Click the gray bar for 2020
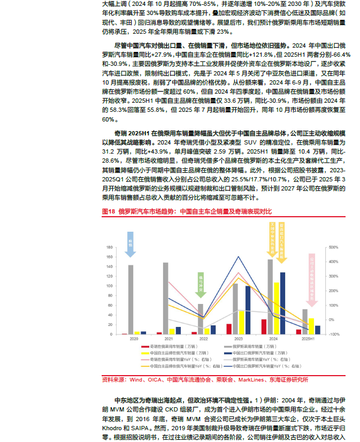(131, 299)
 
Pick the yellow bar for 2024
(276, 308)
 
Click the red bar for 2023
(229, 329)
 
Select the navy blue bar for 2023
(248, 310)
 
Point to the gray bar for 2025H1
(305, 321)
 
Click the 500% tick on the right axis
(332, 247)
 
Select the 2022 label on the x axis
(203, 339)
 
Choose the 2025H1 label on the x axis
(308, 339)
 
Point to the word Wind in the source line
(135, 380)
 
